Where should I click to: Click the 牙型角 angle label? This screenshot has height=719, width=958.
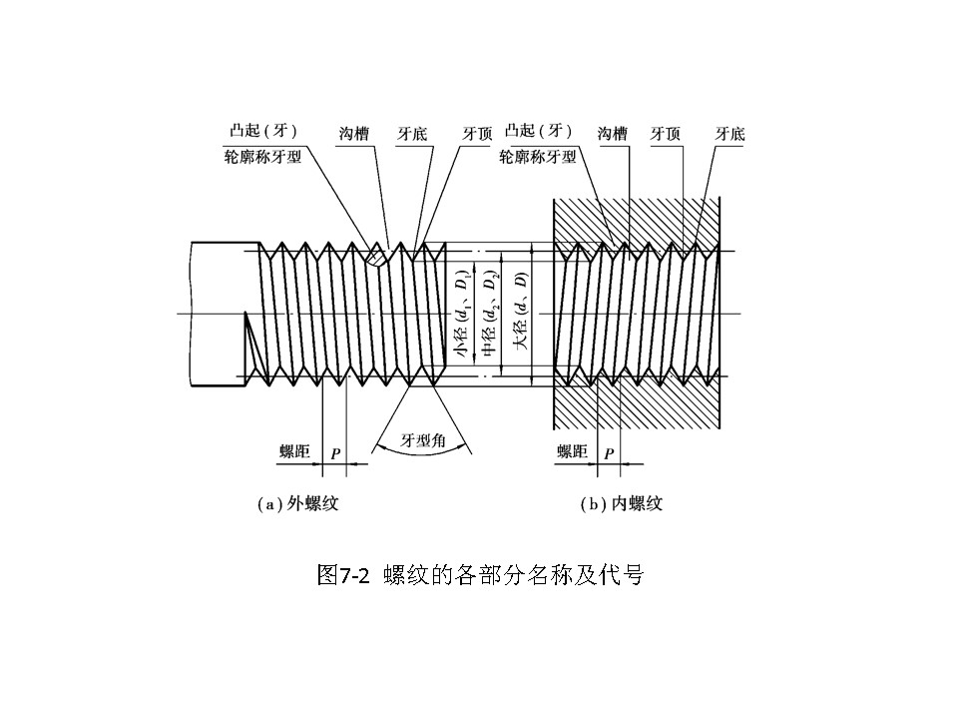point(423,440)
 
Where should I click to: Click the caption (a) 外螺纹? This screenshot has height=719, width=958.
point(298,504)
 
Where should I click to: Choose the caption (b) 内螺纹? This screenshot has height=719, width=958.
point(622,504)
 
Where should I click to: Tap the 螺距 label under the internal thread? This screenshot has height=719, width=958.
point(572,452)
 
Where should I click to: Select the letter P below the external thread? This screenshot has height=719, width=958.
point(335,454)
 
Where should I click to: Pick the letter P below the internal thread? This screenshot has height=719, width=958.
point(609,454)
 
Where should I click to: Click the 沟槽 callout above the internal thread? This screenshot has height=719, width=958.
point(612,133)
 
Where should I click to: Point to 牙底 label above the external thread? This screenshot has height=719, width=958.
point(412,133)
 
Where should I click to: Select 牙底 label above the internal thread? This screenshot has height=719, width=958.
point(731,133)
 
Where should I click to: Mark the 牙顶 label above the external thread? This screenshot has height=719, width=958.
point(478,133)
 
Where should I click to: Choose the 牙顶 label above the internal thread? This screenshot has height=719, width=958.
point(667,133)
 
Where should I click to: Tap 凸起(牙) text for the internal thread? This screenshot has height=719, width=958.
point(539,132)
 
